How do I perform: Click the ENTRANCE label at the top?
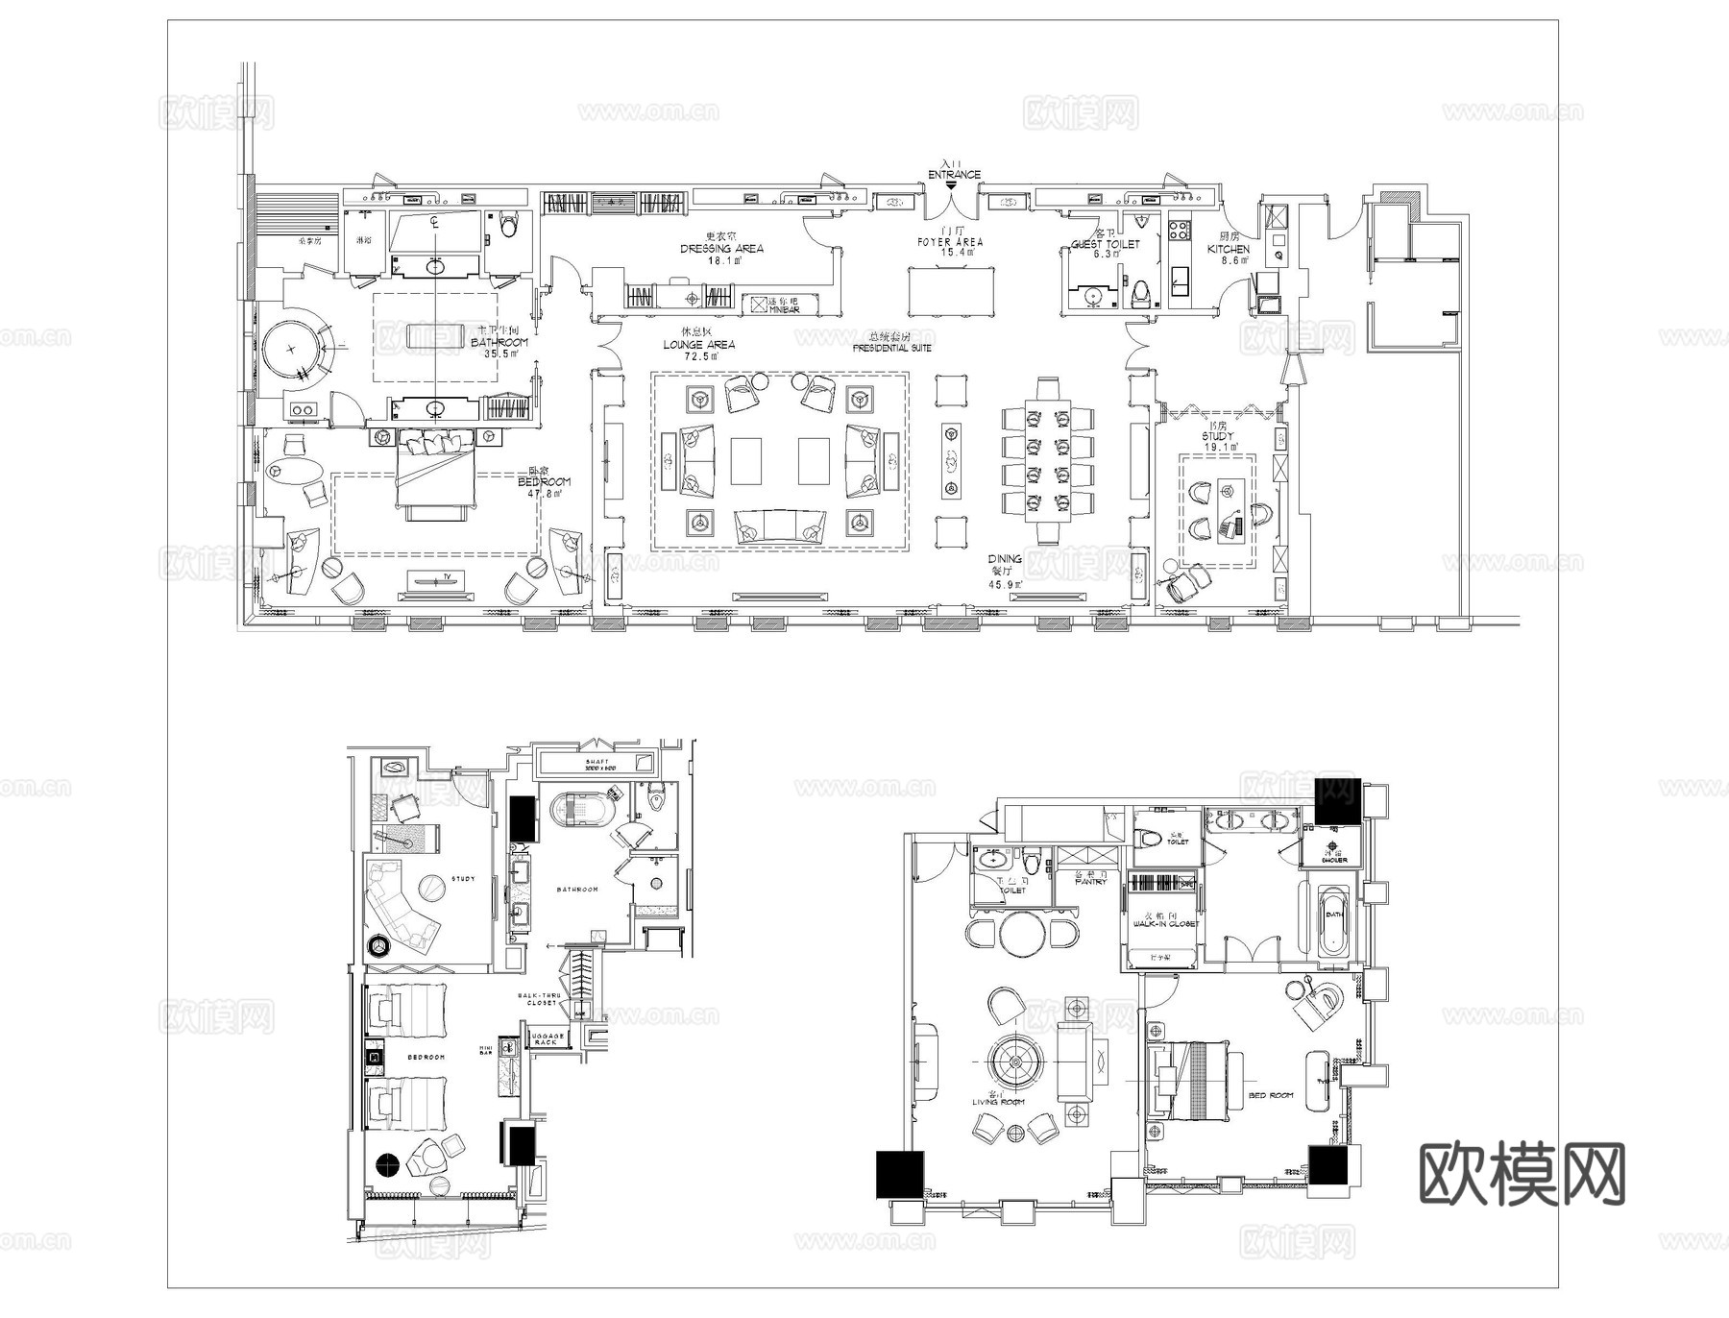[954, 174]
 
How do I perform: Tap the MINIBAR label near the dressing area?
[785, 308]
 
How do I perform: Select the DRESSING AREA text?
[721, 248]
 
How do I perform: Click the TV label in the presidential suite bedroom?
[446, 577]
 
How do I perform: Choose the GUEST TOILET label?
[1105, 244]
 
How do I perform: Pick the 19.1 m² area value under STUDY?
[1218, 447]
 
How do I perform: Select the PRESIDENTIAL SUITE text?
[891, 348]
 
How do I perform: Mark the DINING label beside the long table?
[1005, 558]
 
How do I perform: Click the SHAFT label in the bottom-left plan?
[597, 762]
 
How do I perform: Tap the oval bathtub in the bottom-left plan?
[580, 809]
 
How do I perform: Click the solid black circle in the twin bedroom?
[388, 1165]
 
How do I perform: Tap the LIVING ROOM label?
[999, 1102]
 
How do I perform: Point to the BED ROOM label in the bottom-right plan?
[1270, 1095]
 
